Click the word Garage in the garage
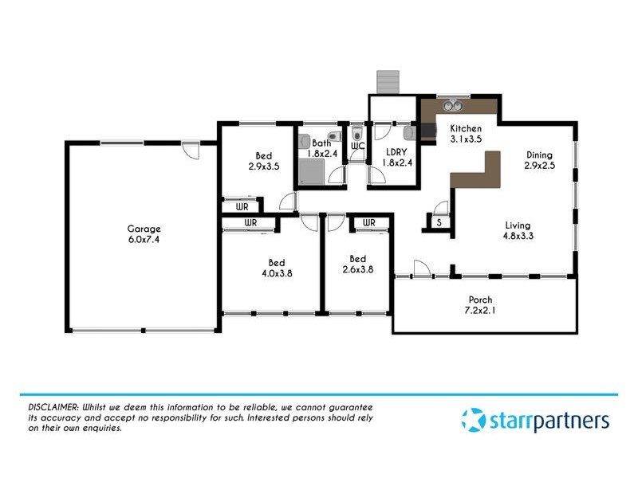point(144,227)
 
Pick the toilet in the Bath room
point(307,142)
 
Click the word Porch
point(480,300)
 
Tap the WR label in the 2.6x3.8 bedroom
point(368,223)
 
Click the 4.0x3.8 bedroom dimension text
point(276,273)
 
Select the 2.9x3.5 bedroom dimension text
point(264,167)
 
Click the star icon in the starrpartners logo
point(472,419)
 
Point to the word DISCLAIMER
point(47,407)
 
